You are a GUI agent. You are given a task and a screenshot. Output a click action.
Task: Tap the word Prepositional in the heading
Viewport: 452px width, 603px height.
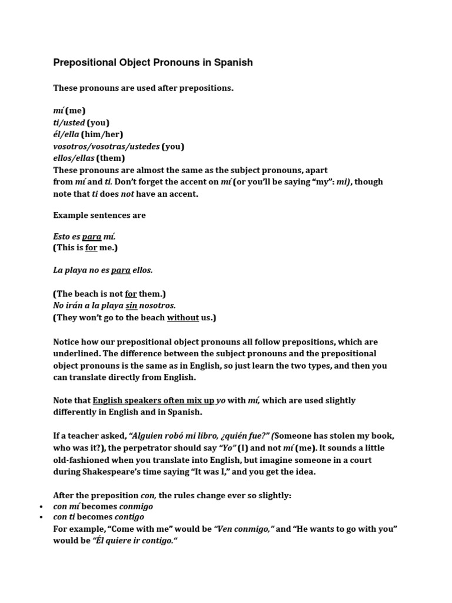(85, 62)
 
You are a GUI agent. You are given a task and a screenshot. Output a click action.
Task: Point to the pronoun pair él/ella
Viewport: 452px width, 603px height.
(66, 134)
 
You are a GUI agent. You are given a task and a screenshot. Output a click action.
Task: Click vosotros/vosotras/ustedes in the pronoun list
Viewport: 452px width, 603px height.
(106, 146)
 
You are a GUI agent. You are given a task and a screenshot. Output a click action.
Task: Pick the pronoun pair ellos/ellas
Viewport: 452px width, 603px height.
(74, 158)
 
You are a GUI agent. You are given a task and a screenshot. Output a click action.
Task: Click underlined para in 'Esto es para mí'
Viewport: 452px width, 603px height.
(91, 237)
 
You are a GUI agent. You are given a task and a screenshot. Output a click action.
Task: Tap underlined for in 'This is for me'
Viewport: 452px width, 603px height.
(91, 248)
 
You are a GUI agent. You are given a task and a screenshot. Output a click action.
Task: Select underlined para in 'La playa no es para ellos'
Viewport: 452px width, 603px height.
(121, 270)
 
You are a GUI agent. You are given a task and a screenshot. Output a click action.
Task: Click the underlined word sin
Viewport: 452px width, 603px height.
(131, 306)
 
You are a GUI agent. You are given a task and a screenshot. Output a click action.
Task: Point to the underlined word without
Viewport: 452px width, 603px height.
(183, 317)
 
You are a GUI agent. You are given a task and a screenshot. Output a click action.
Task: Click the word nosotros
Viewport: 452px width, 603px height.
(157, 306)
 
